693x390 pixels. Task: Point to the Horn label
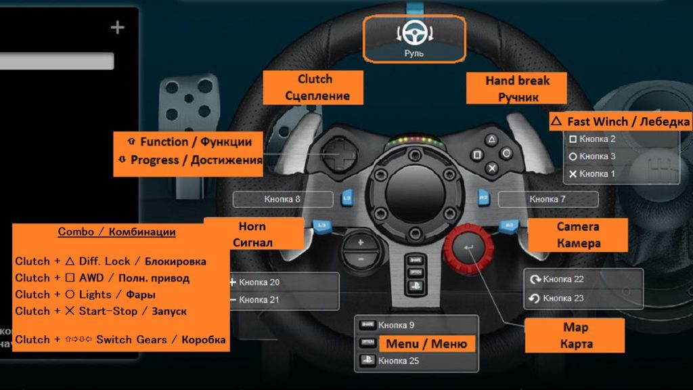tap(252, 234)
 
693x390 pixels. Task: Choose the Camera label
tap(578, 234)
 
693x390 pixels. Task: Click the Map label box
tap(575, 335)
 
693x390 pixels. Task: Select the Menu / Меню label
tap(426, 343)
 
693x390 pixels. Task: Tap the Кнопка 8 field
tap(283, 199)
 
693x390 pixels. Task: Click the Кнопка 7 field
tap(548, 199)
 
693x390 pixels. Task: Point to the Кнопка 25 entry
tap(399, 361)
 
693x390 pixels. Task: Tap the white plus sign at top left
tap(118, 27)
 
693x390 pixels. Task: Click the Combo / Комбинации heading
tap(116, 232)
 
